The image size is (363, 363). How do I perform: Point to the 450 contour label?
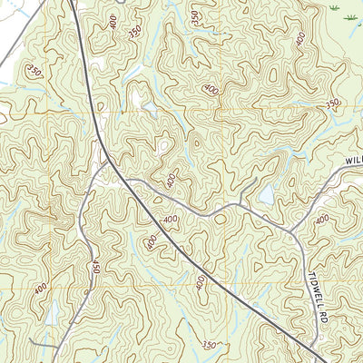(x=94, y=268)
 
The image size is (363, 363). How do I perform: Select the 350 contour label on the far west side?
(x=35, y=71)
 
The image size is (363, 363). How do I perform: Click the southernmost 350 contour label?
(x=210, y=344)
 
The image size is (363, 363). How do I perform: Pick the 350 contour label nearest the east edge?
(x=332, y=104)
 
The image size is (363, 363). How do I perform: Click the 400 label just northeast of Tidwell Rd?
(x=322, y=221)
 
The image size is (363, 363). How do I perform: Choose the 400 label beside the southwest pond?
(x=41, y=289)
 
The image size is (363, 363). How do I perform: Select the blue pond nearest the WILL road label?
(x=266, y=194)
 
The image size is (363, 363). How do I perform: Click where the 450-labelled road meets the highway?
(x=107, y=164)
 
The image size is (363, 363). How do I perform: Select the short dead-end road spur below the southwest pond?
(x=56, y=349)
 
